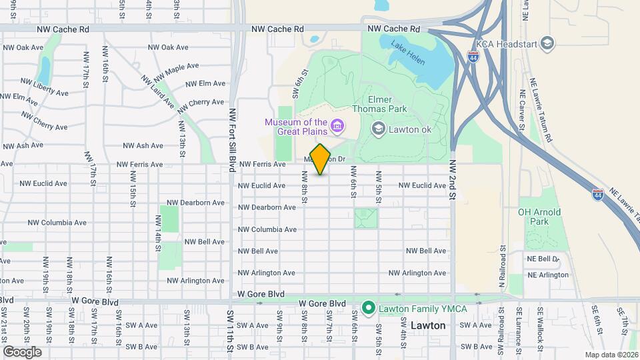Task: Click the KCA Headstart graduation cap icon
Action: click(547, 43)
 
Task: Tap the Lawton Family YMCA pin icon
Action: click(367, 308)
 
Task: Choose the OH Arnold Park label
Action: click(540, 217)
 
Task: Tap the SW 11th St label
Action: click(230, 333)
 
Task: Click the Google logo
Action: click(23, 351)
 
